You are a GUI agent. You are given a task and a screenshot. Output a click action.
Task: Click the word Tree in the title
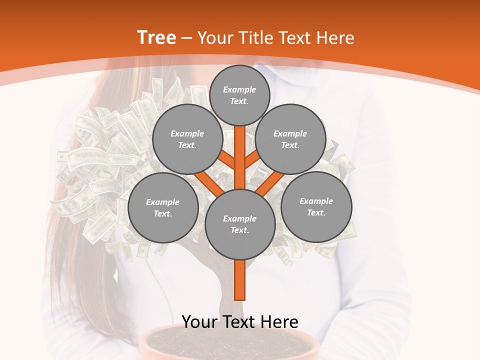point(156,37)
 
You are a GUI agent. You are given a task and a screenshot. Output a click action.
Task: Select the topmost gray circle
point(239,95)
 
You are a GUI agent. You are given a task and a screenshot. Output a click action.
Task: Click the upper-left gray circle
point(187,139)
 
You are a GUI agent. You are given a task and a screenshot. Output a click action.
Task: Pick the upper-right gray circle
point(290,139)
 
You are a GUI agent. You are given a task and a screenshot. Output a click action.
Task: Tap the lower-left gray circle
point(163,207)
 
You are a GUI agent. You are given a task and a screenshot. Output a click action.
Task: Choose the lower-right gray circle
point(316,206)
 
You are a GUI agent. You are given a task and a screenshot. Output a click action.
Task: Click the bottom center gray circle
point(240,224)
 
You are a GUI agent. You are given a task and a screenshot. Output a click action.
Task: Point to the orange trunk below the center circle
point(240,280)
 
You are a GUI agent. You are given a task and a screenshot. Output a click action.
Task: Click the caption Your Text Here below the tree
point(239,322)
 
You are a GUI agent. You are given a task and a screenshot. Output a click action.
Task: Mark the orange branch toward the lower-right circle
point(269,183)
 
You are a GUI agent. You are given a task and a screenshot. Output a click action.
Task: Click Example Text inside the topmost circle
point(239,95)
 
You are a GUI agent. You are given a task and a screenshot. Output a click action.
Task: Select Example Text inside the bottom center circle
point(240,224)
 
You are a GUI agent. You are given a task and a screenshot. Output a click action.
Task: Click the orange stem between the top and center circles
point(240,155)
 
